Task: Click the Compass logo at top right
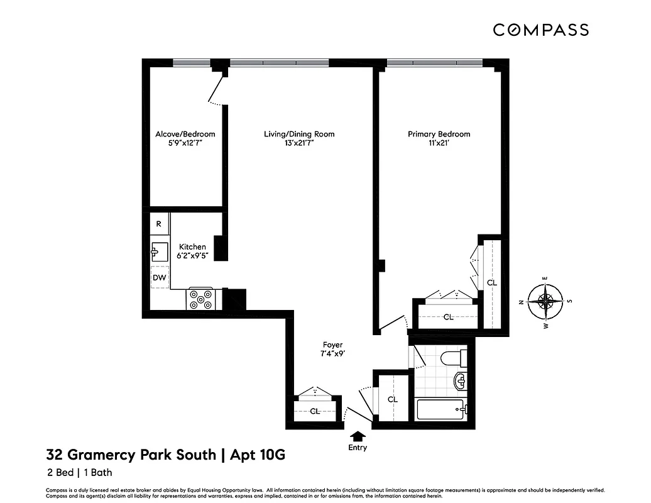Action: (540, 30)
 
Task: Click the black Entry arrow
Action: (358, 436)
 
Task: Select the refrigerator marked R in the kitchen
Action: (159, 224)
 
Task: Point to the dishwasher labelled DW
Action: (159, 277)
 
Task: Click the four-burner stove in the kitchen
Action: (202, 298)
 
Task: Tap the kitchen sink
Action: (158, 251)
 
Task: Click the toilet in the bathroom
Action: (452, 360)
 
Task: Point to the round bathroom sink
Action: (459, 381)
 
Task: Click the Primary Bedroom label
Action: (439, 134)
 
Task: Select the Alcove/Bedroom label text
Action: (185, 134)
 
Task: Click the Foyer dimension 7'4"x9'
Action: (332, 353)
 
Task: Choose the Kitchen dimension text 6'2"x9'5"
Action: (192, 256)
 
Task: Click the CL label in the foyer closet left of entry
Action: (315, 411)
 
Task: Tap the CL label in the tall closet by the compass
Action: (492, 283)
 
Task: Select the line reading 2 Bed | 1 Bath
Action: (79, 472)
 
